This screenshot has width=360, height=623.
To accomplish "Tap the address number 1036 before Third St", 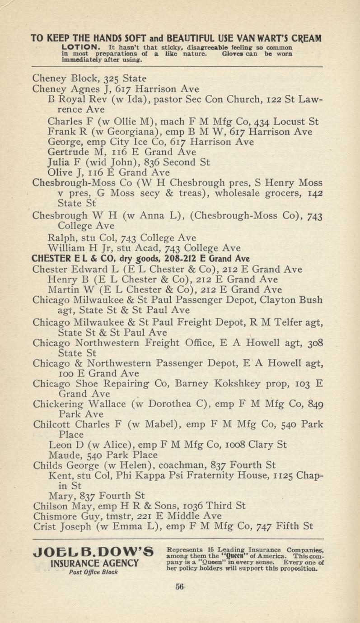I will (181, 505).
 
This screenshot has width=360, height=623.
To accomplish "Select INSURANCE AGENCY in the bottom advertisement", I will (94, 563).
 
